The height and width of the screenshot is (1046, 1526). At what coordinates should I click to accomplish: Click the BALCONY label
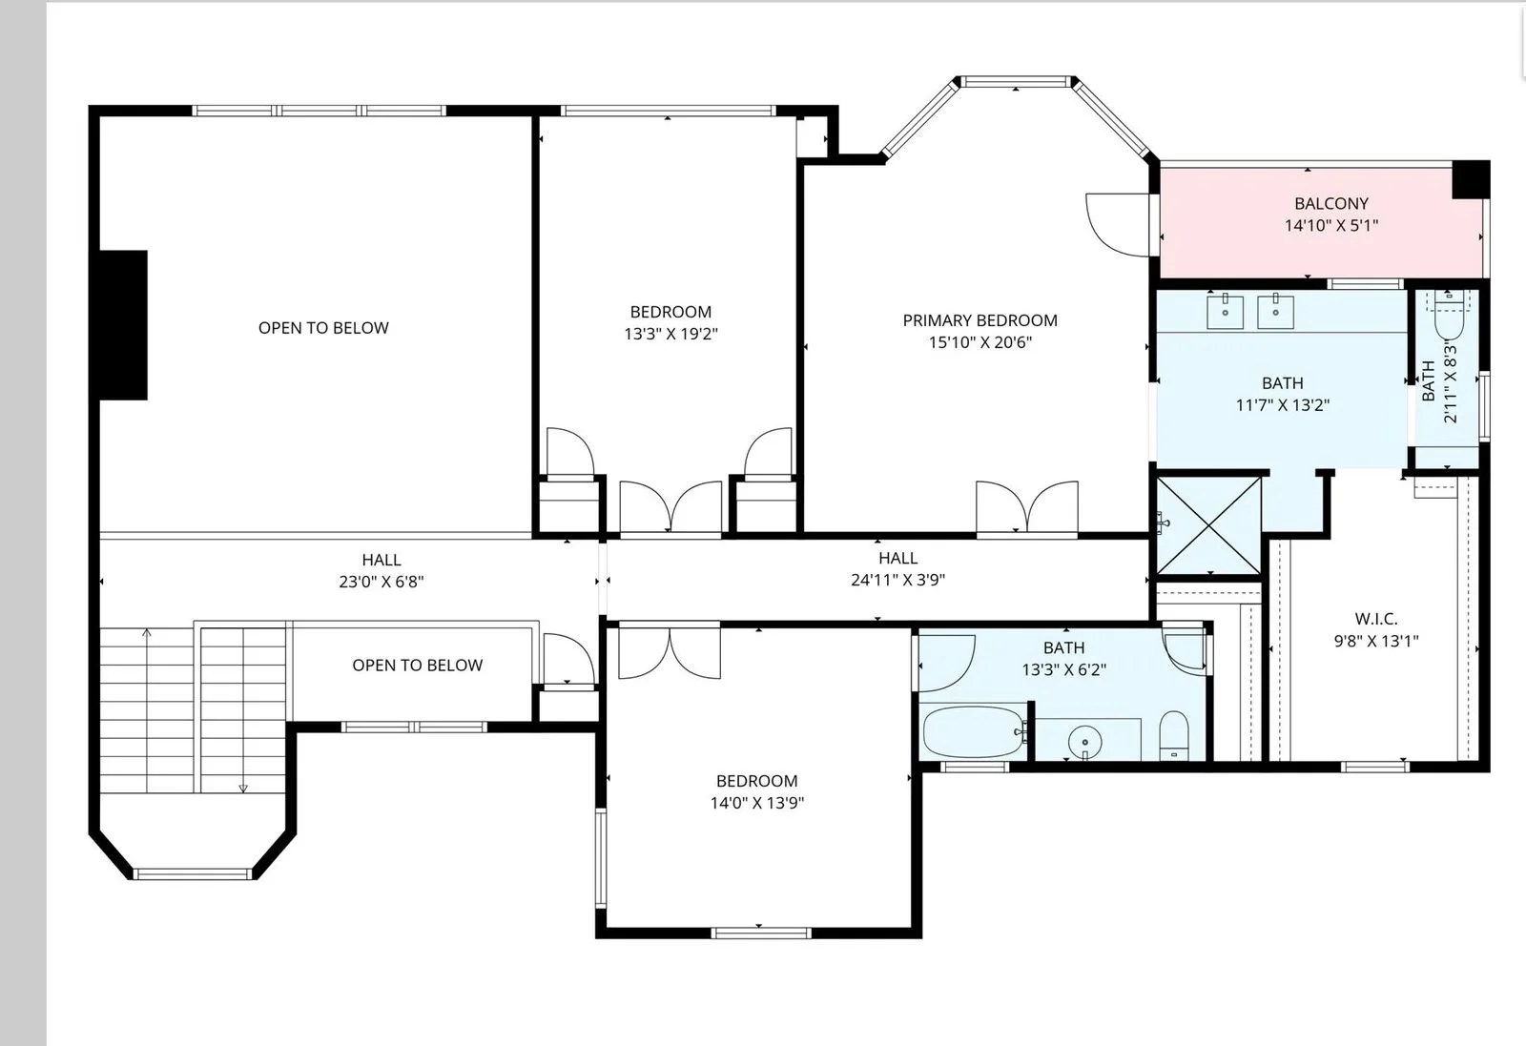click(x=1331, y=204)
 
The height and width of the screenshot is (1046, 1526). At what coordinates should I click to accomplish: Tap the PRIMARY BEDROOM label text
click(x=980, y=320)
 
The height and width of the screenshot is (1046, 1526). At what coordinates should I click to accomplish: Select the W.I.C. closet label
click(x=1376, y=619)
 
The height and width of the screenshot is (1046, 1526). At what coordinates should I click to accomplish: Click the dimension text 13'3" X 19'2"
click(x=671, y=334)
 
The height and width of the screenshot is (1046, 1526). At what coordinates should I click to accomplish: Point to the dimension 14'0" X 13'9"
click(x=757, y=803)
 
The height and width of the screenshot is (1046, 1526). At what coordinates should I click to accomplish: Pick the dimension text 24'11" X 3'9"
click(x=897, y=580)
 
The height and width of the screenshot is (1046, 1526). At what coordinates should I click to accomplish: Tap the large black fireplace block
click(x=123, y=325)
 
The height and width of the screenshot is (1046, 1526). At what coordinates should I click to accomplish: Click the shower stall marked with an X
click(x=1208, y=525)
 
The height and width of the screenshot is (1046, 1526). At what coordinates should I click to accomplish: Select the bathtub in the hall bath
click(x=973, y=732)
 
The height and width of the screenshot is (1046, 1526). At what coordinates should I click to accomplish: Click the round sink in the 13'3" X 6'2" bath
click(x=1084, y=742)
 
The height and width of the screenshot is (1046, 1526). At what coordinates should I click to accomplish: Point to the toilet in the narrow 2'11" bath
click(x=1449, y=315)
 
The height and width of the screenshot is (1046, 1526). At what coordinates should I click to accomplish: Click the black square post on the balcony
click(x=1471, y=180)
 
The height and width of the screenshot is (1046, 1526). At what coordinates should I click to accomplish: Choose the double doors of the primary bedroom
click(x=1027, y=506)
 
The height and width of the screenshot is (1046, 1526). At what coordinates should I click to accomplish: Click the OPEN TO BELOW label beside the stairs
click(x=418, y=666)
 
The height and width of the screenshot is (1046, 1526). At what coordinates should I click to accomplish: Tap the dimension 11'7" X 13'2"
click(x=1283, y=405)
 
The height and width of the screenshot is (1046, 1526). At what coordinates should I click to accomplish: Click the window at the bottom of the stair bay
click(x=193, y=873)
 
